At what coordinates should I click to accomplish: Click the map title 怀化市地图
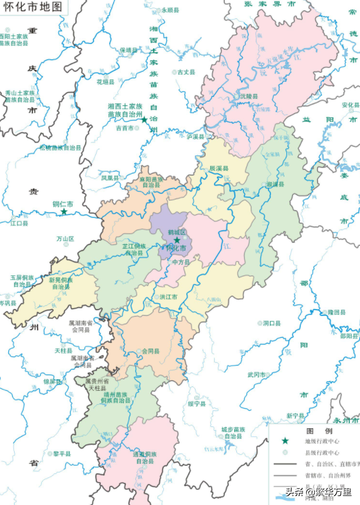tap(34, 8)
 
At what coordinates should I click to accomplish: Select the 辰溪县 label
tap(219, 168)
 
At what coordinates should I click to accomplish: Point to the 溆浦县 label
tap(275, 184)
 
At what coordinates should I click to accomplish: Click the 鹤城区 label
tap(177, 232)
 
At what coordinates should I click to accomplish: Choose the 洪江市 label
tap(168, 297)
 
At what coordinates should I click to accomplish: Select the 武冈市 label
tap(257, 375)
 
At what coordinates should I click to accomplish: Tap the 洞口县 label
tap(272, 324)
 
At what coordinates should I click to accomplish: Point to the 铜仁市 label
tap(63, 204)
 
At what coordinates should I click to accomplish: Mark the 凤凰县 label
tap(110, 179)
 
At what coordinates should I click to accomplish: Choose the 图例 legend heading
tap(316, 430)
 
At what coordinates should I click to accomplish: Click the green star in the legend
tap(285, 441)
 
